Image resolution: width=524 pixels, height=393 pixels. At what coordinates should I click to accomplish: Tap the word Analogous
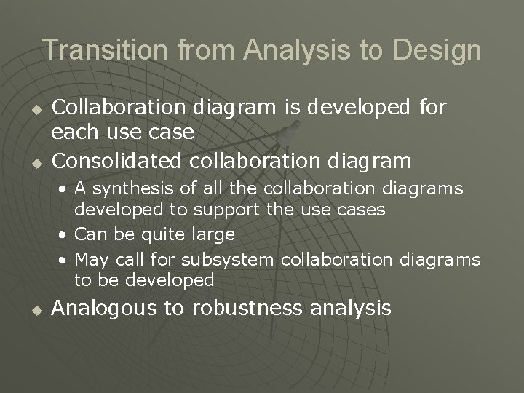[105, 309]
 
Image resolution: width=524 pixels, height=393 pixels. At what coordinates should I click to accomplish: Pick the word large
[213, 235]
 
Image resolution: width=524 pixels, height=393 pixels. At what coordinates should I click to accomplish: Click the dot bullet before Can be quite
[65, 235]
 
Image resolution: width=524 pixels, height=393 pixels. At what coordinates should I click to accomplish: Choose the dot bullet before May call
[65, 261]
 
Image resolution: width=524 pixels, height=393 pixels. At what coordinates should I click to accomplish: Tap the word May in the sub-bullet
[89, 261]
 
